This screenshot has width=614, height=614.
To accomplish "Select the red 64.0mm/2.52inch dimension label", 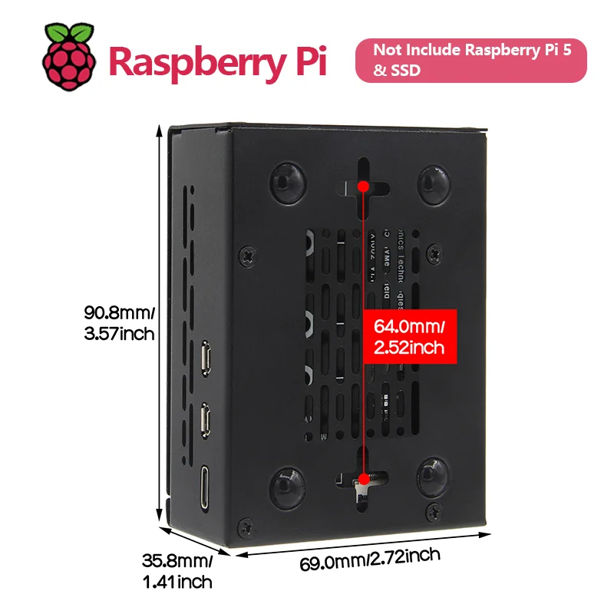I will (x=409, y=336).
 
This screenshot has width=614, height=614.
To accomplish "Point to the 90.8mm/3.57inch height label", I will (x=120, y=323).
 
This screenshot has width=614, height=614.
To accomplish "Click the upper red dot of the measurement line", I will (x=363, y=186).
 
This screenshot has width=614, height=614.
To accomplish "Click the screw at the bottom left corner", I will (x=244, y=527).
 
